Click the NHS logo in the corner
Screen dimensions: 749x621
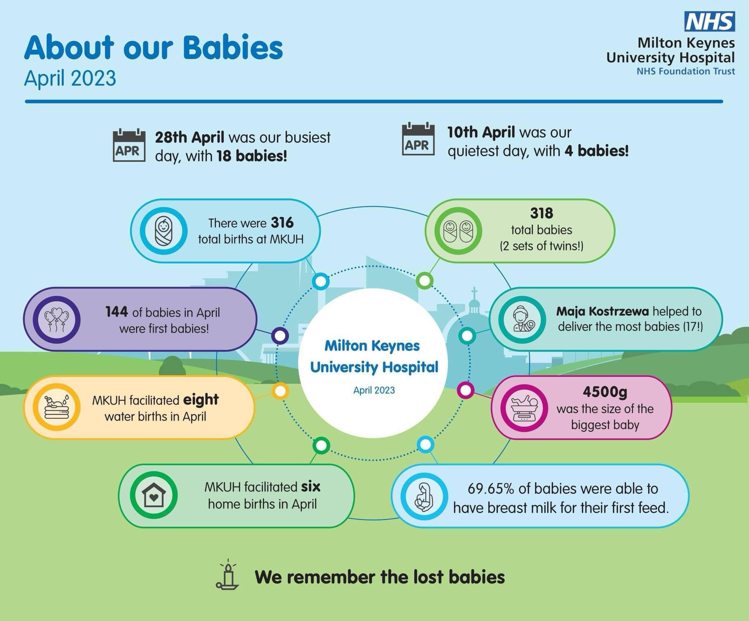(710, 22)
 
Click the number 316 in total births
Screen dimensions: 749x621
(282, 223)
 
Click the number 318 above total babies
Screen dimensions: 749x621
(542, 213)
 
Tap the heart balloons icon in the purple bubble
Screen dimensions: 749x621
(57, 320)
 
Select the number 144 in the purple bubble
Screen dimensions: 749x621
(117, 312)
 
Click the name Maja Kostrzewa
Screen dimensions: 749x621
(602, 311)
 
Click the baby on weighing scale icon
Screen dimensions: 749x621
(524, 408)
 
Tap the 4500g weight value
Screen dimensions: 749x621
(605, 392)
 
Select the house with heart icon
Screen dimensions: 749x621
(154, 495)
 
